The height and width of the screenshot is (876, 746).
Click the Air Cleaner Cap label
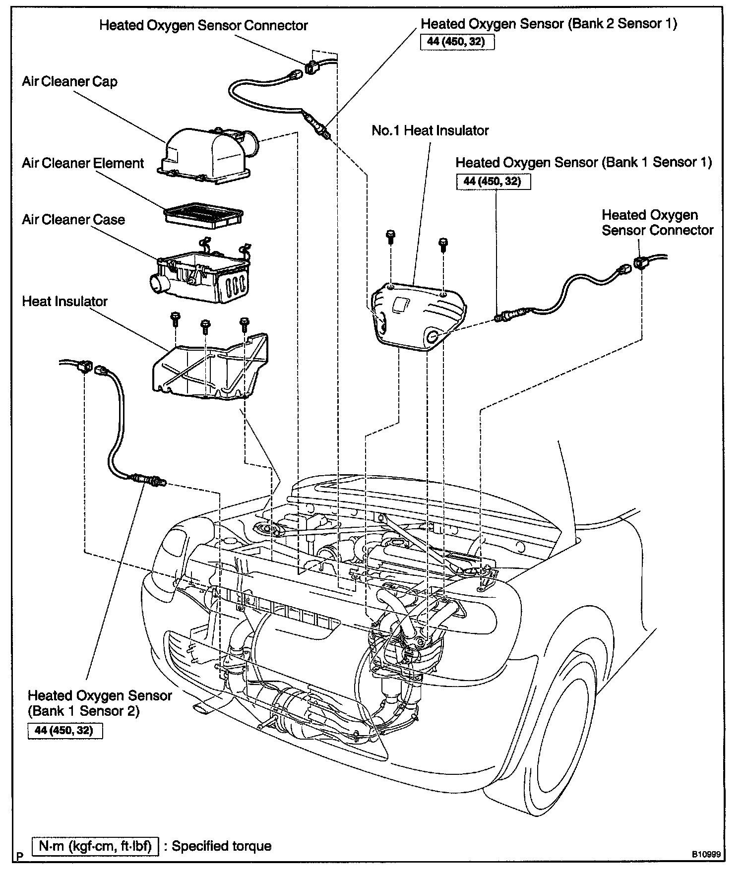[x=69, y=81]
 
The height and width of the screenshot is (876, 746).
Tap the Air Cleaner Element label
[x=82, y=163]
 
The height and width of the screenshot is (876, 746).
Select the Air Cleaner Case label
[x=73, y=219]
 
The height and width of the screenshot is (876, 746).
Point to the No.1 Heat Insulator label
[x=430, y=130]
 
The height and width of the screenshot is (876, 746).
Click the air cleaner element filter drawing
[x=203, y=215]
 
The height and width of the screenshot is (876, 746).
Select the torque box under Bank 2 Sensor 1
[x=456, y=41]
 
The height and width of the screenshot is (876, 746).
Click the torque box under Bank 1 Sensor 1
[x=493, y=182]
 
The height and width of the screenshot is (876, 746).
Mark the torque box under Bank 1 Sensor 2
[x=64, y=731]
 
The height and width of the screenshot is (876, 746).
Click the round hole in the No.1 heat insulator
[x=432, y=337]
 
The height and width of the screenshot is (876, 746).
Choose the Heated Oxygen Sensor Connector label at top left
[x=203, y=25]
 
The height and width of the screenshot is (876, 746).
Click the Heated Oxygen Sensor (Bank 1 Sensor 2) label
[x=99, y=703]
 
